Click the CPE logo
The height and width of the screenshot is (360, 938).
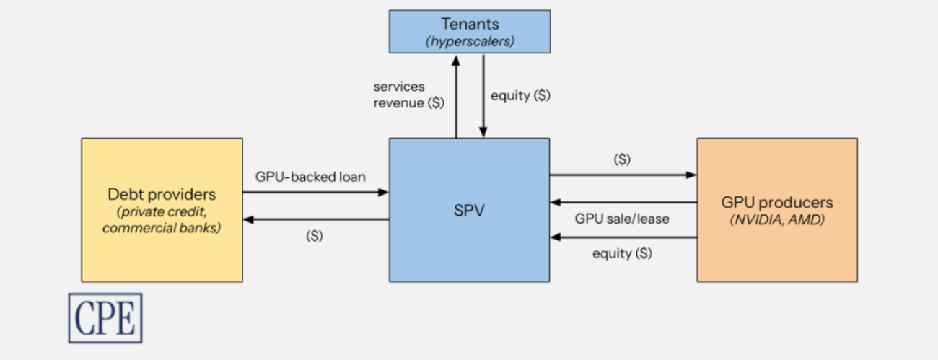[x=105, y=317]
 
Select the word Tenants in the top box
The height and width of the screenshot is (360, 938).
[x=470, y=25]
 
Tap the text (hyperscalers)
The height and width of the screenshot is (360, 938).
[x=470, y=41]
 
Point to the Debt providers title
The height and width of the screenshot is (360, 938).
[x=162, y=194]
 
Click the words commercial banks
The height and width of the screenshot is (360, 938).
[x=162, y=229]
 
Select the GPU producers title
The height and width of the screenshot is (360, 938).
[x=776, y=202]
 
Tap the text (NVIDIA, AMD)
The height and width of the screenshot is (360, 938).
[x=776, y=219]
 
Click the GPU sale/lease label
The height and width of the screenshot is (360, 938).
[x=621, y=219]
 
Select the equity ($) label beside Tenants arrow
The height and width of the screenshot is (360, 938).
[x=520, y=95]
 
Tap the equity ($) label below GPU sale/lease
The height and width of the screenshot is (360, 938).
[x=622, y=253]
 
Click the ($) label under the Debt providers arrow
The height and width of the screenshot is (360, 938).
[x=315, y=236]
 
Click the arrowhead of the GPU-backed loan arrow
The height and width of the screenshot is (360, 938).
[x=385, y=192]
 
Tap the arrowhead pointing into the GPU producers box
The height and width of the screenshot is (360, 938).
[x=692, y=175]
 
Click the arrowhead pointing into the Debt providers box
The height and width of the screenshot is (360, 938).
[x=247, y=219]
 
